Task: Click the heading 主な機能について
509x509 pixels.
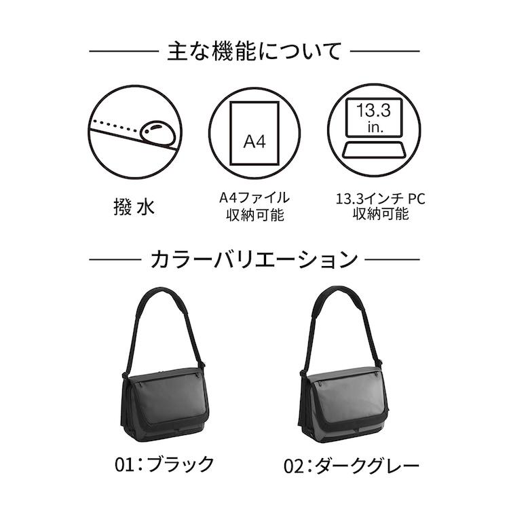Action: (x=254, y=52)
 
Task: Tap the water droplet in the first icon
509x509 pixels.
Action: (x=157, y=132)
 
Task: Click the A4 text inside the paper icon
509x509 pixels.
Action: (x=254, y=142)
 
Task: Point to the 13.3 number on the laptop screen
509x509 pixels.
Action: (x=374, y=111)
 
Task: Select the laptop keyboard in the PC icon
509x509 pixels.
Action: (x=374, y=150)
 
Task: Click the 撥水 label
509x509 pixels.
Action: (x=134, y=207)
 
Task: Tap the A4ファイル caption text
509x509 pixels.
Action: (x=254, y=197)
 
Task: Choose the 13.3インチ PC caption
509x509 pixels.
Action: (x=380, y=198)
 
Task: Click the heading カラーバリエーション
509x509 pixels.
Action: (x=254, y=259)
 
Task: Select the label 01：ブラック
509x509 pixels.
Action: (x=164, y=464)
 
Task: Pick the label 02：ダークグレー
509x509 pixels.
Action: (x=352, y=466)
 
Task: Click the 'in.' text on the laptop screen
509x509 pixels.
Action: (x=375, y=128)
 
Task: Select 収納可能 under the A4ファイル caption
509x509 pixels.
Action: (x=255, y=215)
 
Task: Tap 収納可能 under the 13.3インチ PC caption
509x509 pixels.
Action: (x=381, y=214)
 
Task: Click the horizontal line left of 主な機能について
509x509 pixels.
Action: (x=124, y=51)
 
